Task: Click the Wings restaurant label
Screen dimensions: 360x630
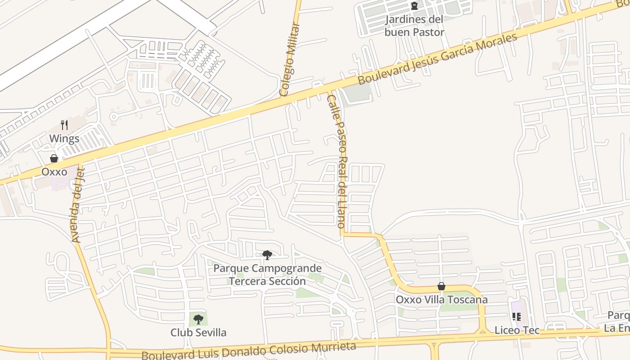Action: [x=64, y=139]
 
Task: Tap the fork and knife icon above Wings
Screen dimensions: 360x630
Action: [x=64, y=125]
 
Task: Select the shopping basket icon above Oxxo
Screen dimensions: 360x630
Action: [x=54, y=158]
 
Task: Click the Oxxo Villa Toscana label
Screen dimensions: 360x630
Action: [x=441, y=300]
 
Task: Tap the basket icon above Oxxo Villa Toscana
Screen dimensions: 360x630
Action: [x=441, y=286]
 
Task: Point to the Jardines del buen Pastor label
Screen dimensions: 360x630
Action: [x=414, y=26]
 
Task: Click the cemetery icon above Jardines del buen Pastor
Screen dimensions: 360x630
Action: [x=414, y=6]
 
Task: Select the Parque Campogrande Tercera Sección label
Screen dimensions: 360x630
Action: [x=267, y=275]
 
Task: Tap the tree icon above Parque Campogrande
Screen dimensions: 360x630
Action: [x=267, y=255]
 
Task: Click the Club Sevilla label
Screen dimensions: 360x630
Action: [x=198, y=333]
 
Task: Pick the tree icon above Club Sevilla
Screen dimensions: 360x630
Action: [x=198, y=319]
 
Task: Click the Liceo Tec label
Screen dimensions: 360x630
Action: [x=517, y=330]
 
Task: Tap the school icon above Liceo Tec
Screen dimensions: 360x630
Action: [x=517, y=317]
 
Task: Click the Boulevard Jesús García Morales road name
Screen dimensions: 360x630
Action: [x=437, y=59]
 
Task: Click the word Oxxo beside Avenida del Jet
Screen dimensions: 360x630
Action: [x=54, y=172]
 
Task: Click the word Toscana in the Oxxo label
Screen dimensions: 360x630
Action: [x=469, y=300]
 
